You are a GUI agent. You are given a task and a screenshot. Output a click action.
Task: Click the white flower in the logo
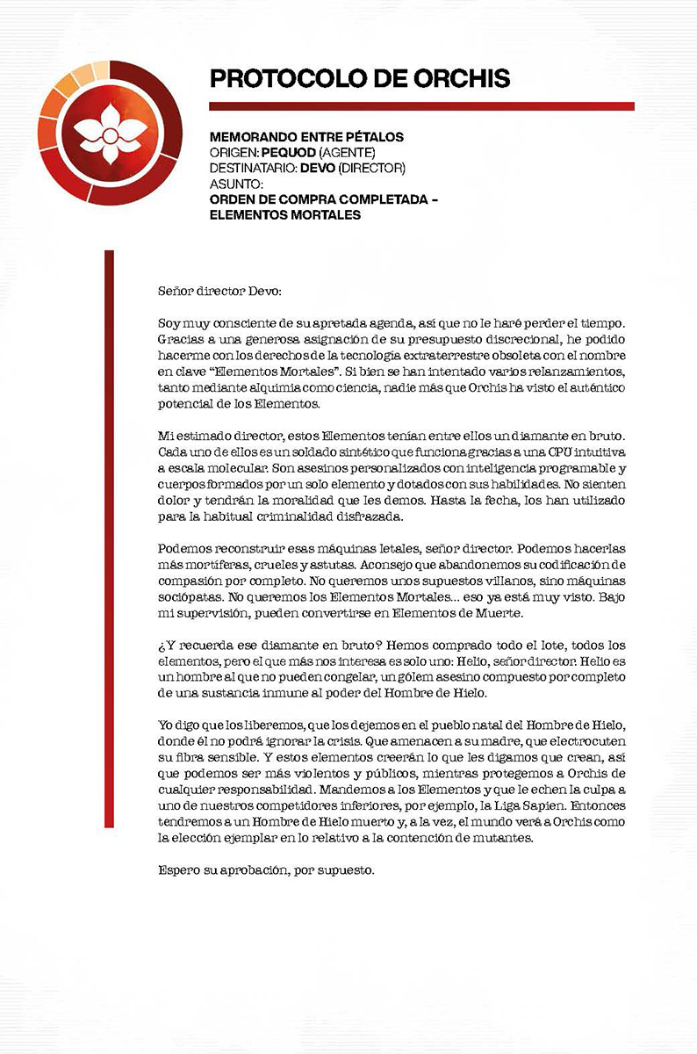(108, 133)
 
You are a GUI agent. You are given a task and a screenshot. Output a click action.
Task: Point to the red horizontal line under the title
(421, 106)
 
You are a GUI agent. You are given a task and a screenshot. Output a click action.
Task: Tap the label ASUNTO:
(237, 184)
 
